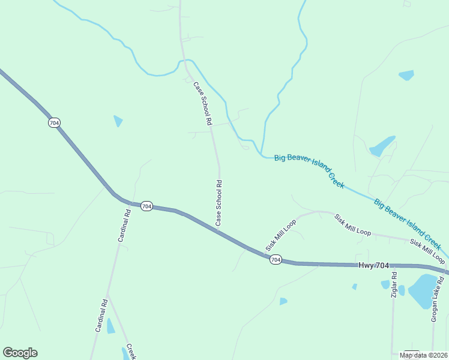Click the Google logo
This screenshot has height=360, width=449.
point(20,353)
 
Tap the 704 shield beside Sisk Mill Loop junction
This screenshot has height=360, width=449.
point(275,260)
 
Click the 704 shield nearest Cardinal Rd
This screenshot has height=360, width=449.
point(146,206)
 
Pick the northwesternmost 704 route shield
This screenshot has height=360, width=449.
point(54,122)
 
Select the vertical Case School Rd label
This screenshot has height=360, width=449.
point(219,203)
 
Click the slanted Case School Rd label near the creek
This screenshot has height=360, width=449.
point(203,103)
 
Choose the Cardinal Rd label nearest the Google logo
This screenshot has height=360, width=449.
point(101,316)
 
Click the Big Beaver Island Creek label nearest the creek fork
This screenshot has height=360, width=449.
point(309,170)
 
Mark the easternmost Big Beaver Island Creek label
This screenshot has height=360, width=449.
point(408,226)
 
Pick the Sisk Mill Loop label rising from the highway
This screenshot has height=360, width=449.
point(281,235)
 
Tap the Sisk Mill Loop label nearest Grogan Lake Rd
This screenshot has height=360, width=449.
point(427,251)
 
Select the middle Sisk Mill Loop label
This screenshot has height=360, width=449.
point(353,224)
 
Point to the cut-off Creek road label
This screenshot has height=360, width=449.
point(131,352)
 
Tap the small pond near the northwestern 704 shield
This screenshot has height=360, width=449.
point(118,121)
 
